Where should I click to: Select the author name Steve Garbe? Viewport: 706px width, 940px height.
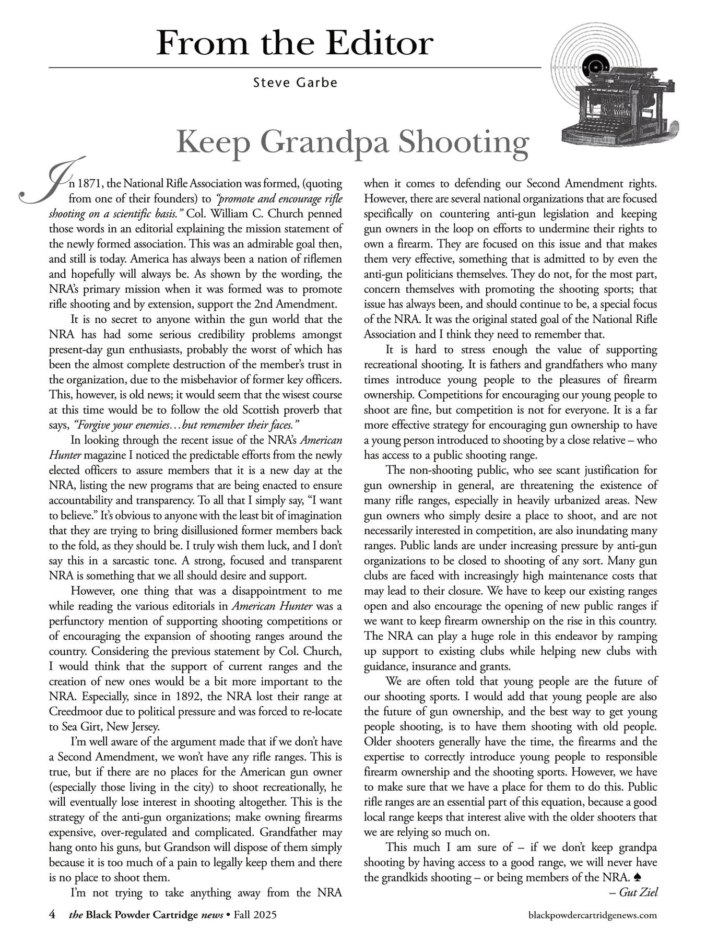click(295, 83)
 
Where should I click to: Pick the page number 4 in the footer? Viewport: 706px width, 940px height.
click(52, 914)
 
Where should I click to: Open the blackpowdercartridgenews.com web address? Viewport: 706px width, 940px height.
click(592, 915)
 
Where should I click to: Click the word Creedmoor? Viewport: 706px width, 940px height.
click(72, 712)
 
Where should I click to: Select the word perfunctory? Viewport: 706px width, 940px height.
click(76, 621)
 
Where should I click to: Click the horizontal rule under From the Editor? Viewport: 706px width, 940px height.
click(295, 68)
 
